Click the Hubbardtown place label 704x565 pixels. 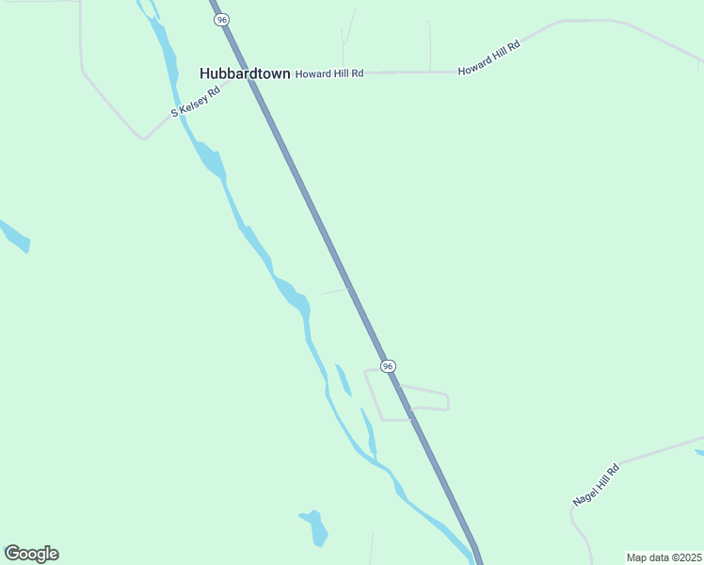click(245, 73)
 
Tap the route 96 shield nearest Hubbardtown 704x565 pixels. click(220, 19)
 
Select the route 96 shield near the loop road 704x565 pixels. click(387, 365)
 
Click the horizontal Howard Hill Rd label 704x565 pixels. click(329, 73)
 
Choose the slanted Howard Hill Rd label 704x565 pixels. click(488, 58)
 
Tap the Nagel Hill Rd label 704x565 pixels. click(596, 485)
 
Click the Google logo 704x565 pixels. click(31, 554)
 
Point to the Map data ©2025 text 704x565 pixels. click(664, 557)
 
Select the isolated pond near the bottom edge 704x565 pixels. click(314, 526)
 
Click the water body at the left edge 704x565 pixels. click(16, 236)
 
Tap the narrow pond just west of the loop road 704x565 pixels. click(344, 379)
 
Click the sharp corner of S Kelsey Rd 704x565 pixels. click(143, 138)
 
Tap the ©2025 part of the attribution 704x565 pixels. click(686, 557)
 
